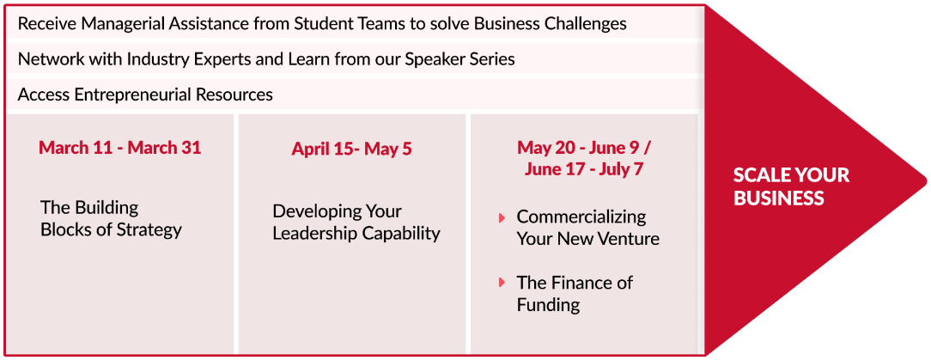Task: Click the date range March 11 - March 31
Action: pos(120,148)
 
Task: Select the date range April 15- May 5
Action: pos(351,149)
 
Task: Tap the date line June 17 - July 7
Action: pos(584,169)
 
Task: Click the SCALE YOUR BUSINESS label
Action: pos(792,186)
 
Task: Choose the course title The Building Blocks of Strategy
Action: pos(111,218)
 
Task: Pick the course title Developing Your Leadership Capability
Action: pos(356,223)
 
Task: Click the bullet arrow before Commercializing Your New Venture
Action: pos(502,218)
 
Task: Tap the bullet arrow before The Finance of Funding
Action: pos(502,283)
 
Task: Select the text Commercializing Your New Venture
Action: pos(587,228)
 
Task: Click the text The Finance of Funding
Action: pos(575,294)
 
